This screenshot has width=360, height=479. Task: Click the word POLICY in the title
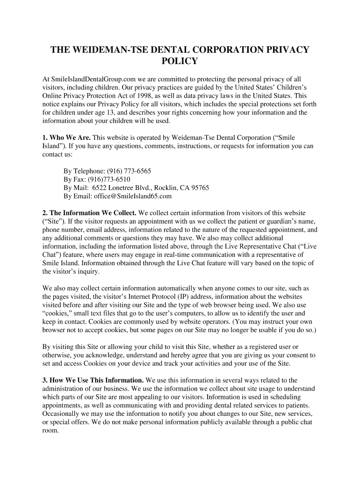(180, 61)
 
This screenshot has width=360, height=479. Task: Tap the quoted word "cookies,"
(57, 313)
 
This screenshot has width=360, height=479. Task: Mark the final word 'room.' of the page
(50, 431)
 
